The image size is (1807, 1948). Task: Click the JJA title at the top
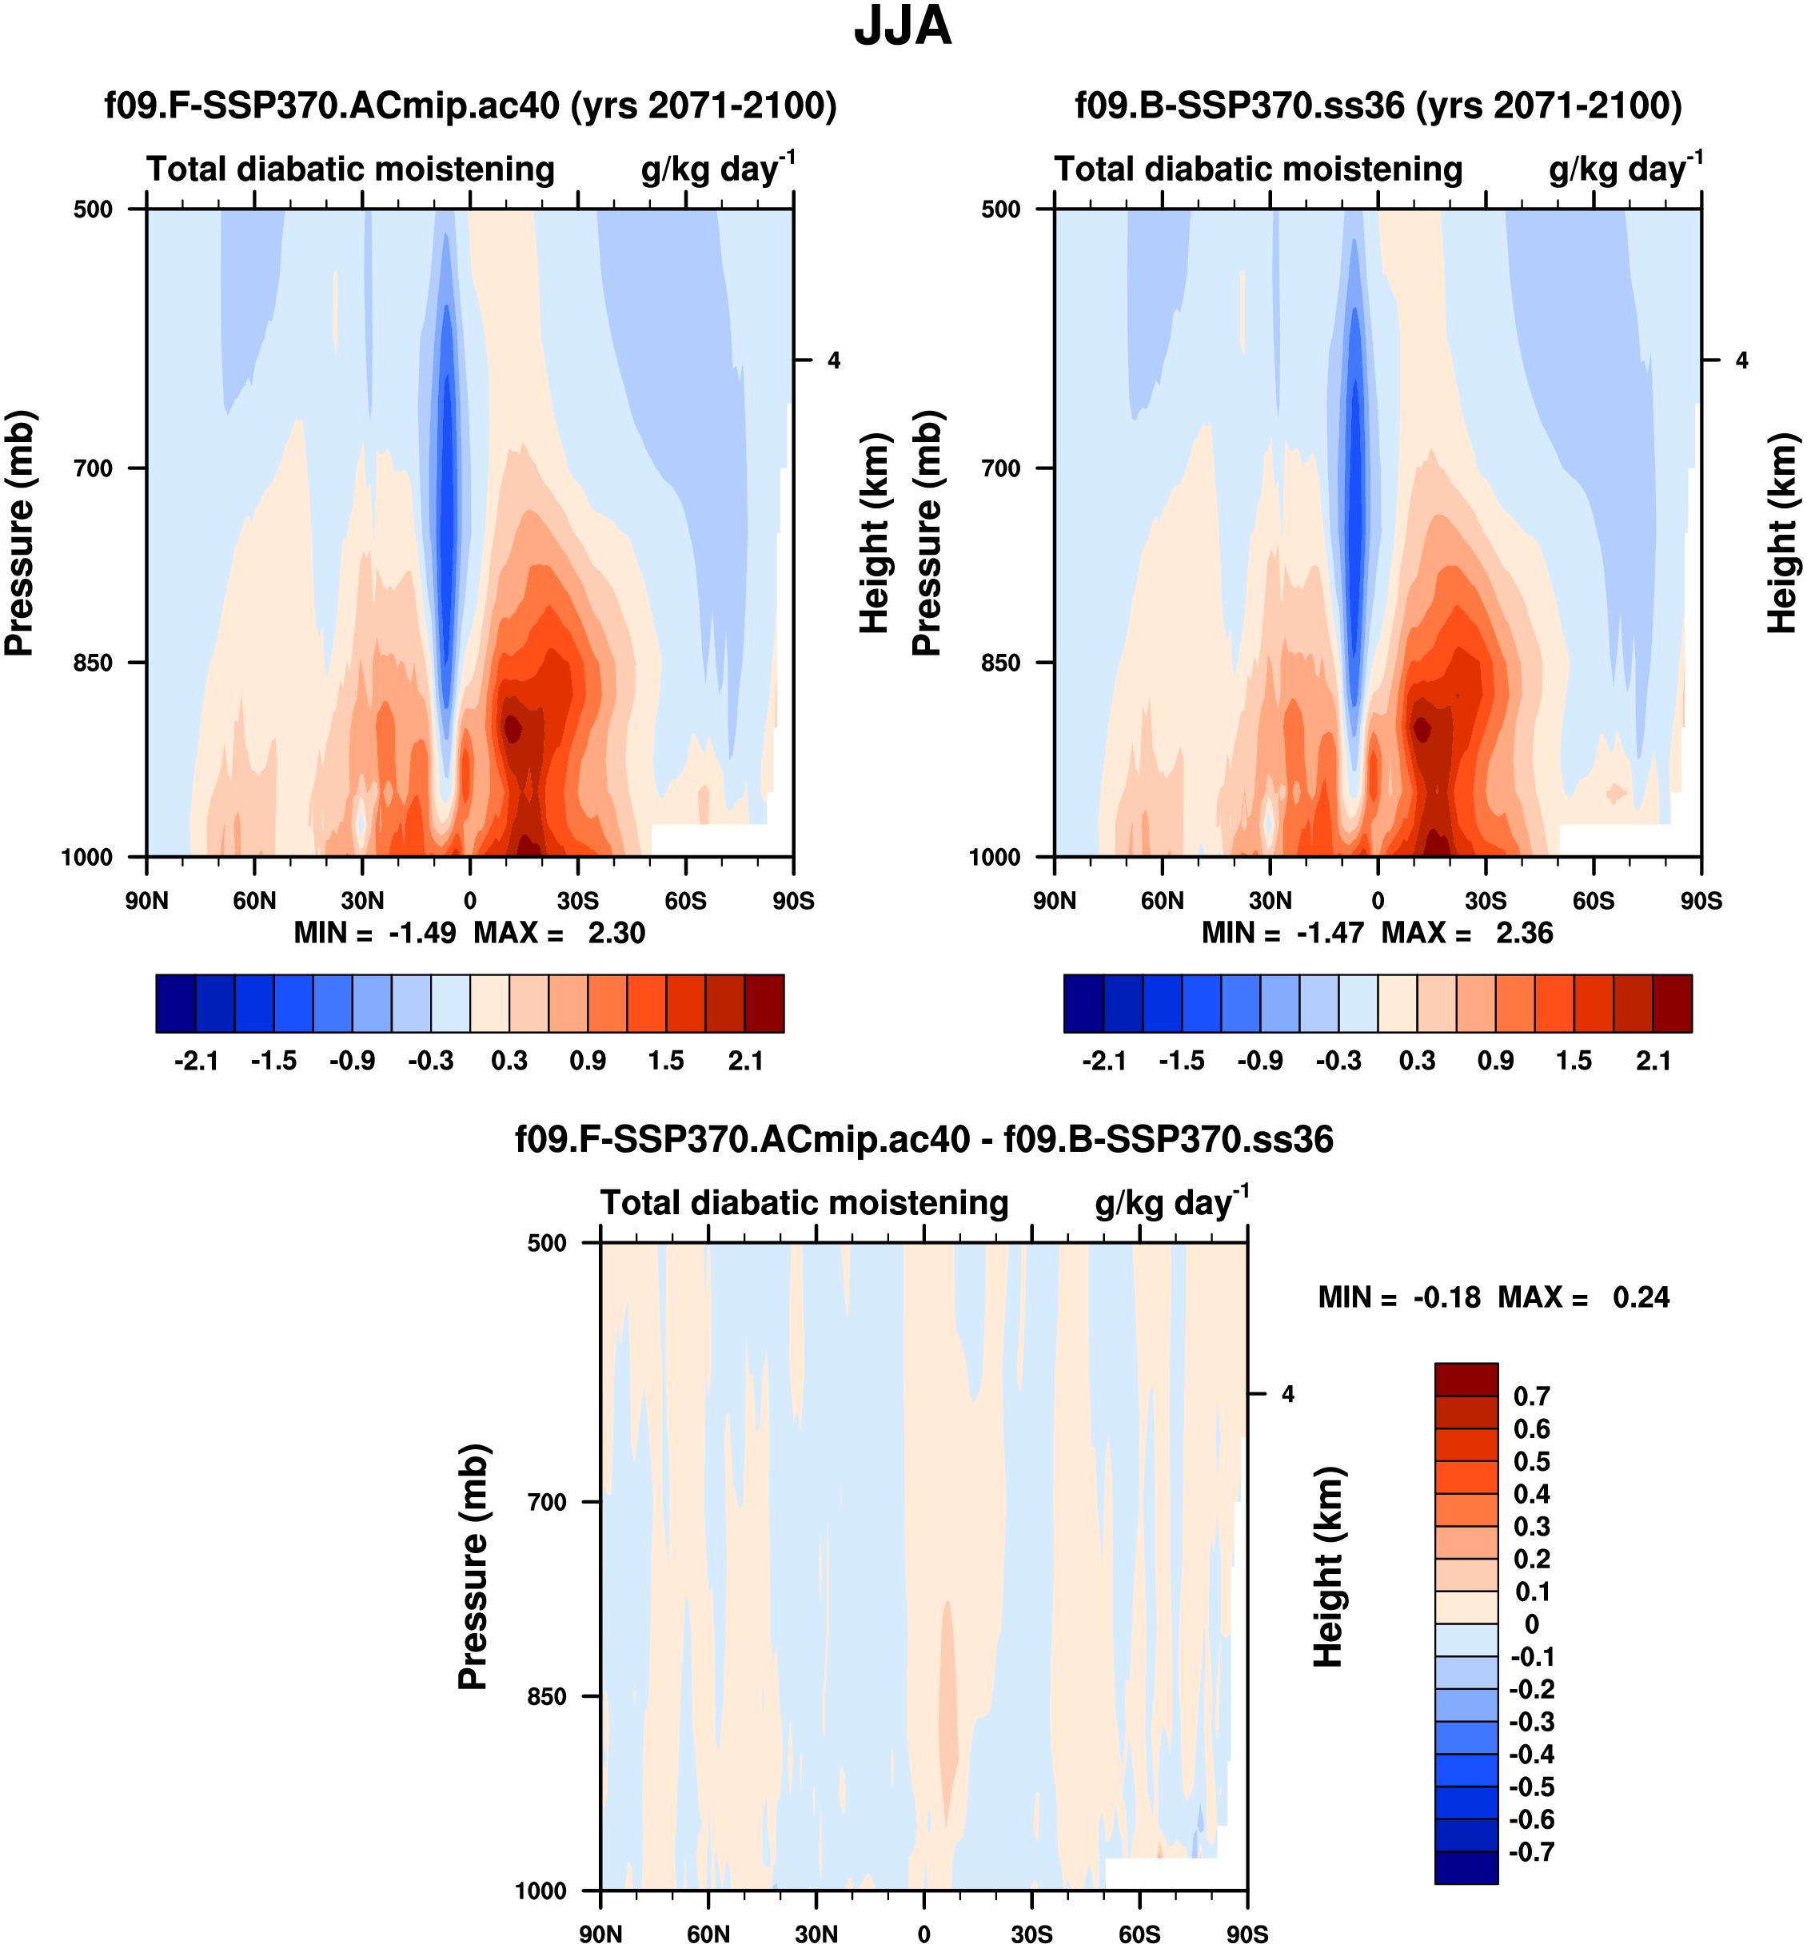tap(902, 27)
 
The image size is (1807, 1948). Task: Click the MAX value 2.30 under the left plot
tap(616, 934)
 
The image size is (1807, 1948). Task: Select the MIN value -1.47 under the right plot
tap(1330, 934)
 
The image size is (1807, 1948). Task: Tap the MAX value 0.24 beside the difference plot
tap(1641, 1298)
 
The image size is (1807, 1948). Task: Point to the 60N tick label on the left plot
tap(254, 900)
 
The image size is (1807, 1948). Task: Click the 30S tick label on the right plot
tap(1486, 900)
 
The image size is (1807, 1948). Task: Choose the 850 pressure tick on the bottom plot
tap(547, 1697)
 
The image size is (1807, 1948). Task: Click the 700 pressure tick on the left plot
tap(93, 468)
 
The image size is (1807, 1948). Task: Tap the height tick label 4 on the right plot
tap(1741, 361)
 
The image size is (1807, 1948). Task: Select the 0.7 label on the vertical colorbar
tap(1531, 1396)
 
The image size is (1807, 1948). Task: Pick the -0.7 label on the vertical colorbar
tap(1531, 1852)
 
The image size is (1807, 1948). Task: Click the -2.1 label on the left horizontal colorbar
tap(196, 1062)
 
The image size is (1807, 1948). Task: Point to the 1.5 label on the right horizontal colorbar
tap(1574, 1062)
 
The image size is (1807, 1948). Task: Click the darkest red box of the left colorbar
tap(764, 1003)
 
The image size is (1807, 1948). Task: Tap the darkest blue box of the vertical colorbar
tap(1466, 1868)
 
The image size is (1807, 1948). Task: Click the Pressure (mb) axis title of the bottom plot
tap(473, 1566)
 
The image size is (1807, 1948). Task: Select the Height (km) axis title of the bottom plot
tap(1328, 1566)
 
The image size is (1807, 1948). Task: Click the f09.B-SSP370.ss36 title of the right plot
tap(1378, 106)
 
